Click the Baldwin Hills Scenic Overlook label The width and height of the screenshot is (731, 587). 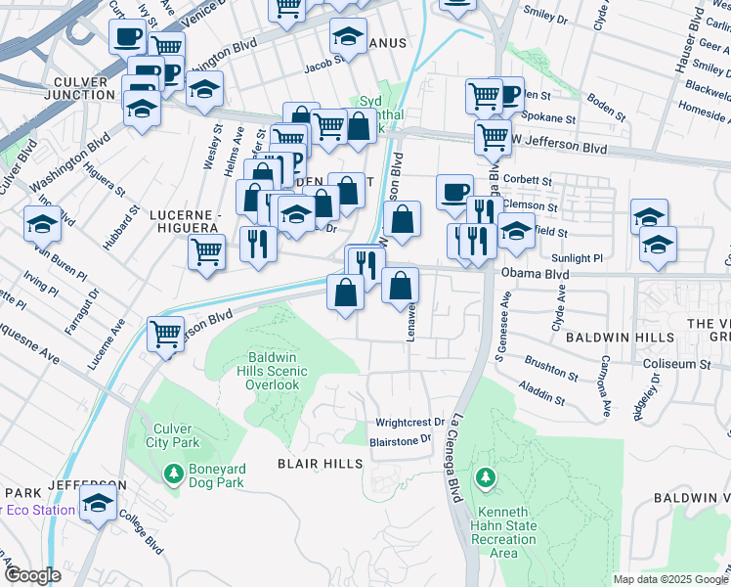272,371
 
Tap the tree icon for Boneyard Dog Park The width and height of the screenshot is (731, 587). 174,474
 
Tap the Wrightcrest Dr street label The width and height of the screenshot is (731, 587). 410,423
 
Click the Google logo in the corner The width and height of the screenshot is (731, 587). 32,574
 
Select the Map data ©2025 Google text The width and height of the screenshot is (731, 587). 669,579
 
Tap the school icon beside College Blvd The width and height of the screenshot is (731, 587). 98,503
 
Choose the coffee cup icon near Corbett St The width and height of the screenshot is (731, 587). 453,192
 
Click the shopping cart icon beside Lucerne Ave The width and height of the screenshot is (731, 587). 166,333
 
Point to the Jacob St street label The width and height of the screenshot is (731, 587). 326,66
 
